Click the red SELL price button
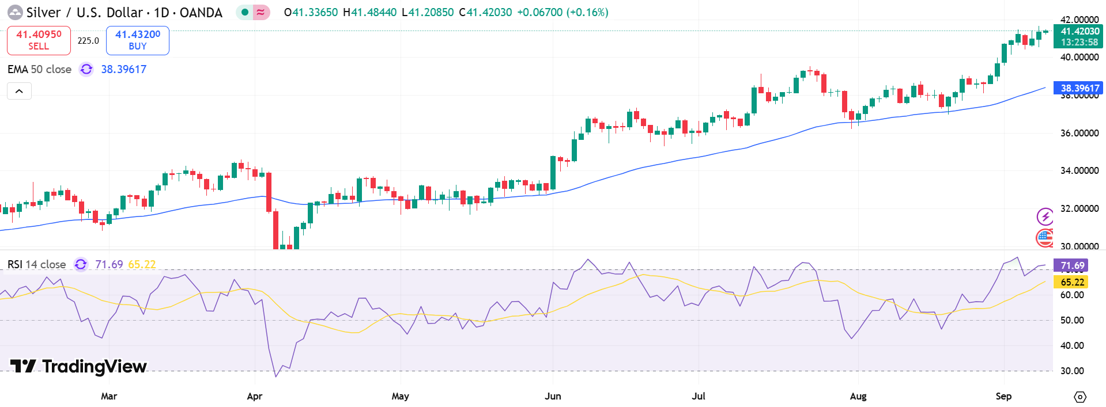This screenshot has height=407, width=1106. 39,40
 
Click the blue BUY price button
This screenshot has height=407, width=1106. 138,40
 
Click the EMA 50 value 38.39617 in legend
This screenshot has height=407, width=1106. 124,69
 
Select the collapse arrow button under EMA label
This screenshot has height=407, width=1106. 19,91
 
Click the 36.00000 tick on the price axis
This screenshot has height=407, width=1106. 1079,133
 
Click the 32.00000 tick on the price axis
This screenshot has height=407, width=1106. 1079,208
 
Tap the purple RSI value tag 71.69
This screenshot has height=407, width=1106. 1072,265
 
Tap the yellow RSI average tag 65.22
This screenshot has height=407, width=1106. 1072,282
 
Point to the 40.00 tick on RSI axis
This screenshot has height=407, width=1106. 1072,345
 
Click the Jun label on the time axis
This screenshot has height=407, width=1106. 553,396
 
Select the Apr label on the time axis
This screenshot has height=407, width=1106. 254,396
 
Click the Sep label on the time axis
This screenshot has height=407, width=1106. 1003,396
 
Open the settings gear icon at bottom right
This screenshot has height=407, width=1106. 1080,397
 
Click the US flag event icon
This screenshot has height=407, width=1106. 1045,237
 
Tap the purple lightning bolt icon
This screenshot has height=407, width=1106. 1045,216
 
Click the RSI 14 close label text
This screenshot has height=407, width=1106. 37,264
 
